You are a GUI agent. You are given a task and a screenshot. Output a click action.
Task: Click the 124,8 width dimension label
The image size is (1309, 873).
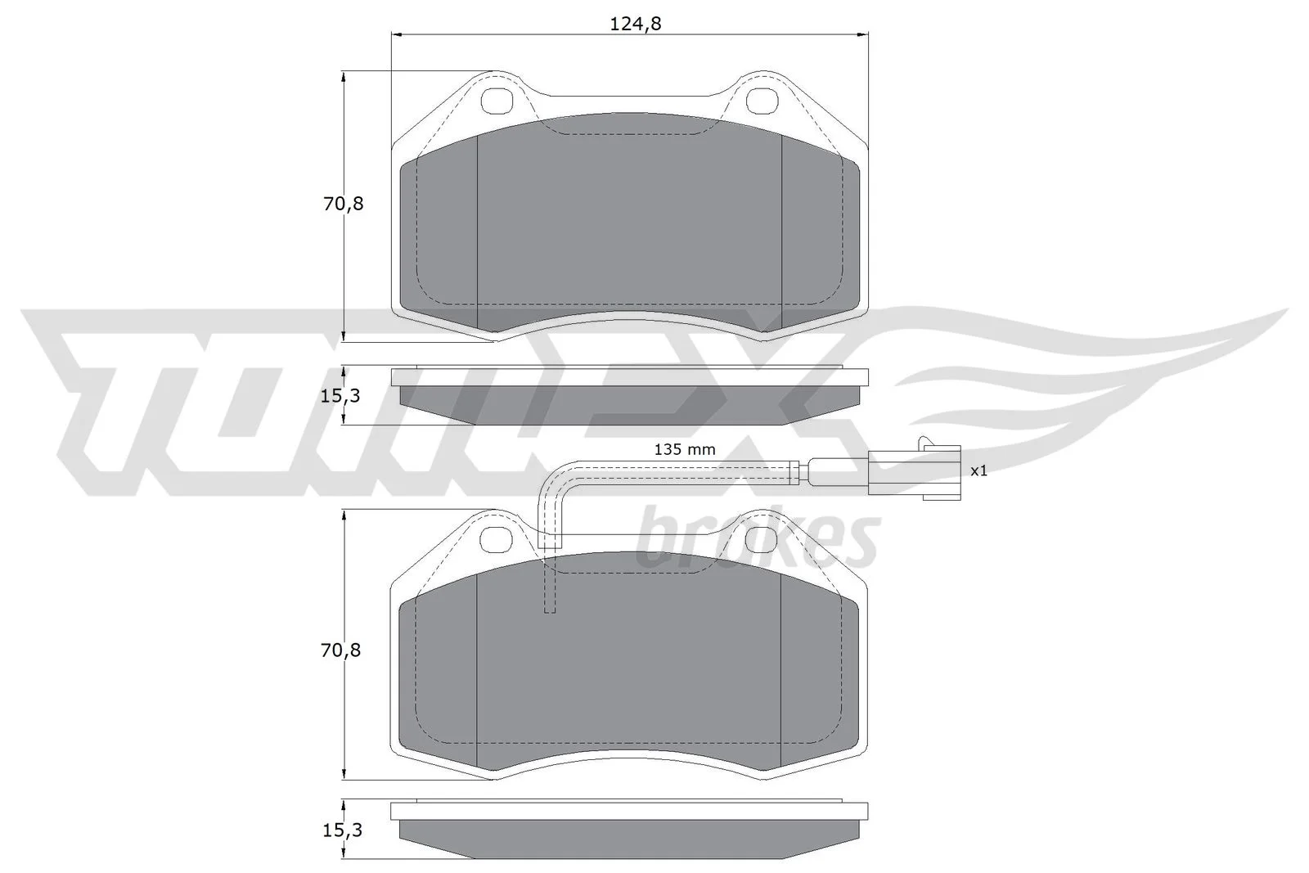[635, 24]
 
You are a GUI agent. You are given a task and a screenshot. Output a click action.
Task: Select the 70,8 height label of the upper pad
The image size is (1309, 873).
[343, 204]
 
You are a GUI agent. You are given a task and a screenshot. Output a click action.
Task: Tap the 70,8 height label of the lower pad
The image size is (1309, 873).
[340, 650]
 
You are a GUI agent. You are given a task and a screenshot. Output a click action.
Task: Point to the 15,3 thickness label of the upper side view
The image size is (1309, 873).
[340, 396]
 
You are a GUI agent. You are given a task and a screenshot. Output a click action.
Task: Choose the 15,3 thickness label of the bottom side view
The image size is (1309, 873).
[343, 830]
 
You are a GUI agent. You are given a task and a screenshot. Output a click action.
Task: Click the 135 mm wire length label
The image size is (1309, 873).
[684, 449]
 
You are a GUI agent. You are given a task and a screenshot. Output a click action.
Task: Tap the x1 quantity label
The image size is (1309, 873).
[978, 470]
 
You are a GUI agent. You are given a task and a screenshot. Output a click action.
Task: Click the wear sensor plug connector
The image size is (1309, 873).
[914, 471]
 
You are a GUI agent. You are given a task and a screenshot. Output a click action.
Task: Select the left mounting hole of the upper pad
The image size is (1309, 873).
[497, 101]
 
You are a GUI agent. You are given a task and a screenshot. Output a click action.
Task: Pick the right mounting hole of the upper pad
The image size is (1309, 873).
[762, 101]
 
